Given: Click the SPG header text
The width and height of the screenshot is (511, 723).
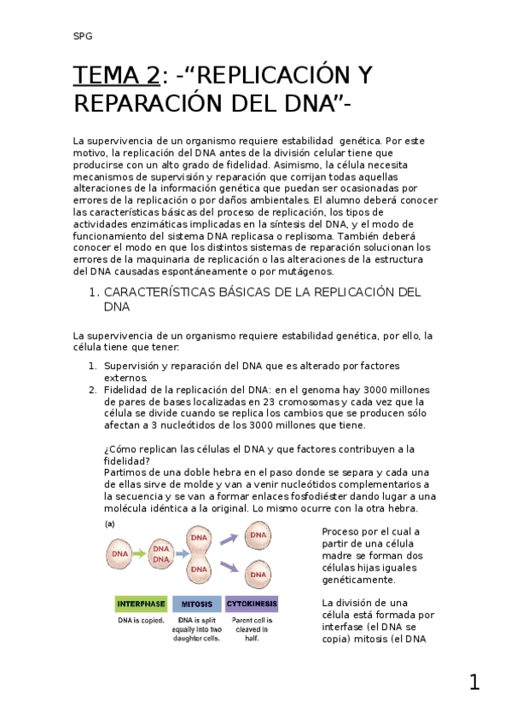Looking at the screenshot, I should (x=82, y=36).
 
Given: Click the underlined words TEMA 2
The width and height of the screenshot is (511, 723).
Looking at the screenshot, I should (x=116, y=76).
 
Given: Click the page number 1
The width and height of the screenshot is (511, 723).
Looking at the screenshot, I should (x=473, y=682).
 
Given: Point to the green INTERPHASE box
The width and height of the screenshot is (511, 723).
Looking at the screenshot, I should (x=141, y=604).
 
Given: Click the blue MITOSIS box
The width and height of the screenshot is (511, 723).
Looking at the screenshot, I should (x=197, y=604).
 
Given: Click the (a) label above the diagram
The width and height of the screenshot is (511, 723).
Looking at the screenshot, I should (x=109, y=523).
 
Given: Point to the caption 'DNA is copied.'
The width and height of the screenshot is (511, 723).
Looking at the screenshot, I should (x=141, y=620).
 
